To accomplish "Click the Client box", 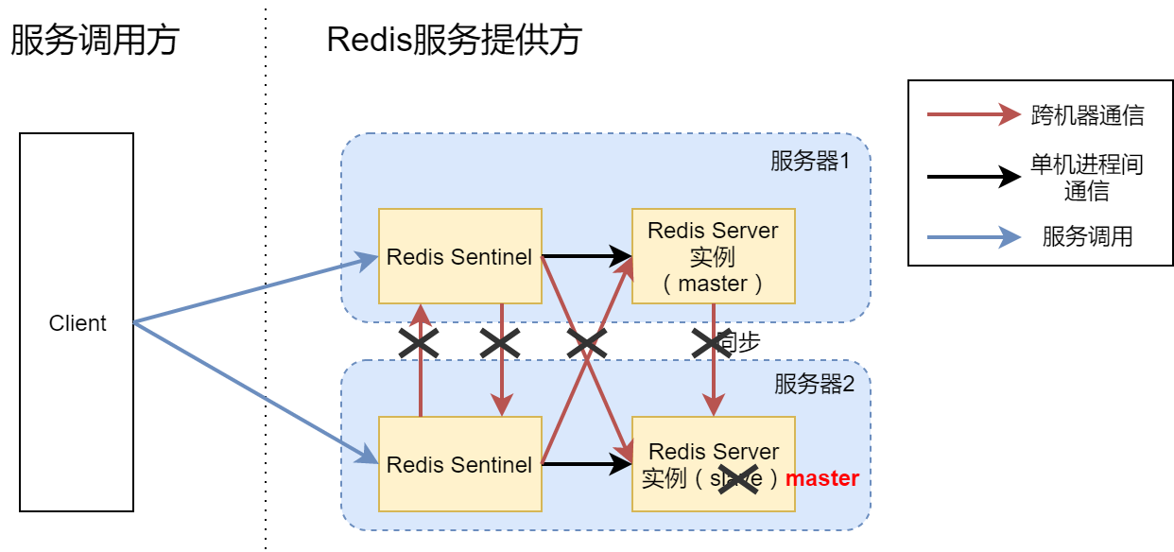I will pos(77,322).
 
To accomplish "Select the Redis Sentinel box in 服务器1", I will pos(459,256).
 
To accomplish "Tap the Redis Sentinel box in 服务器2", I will pos(459,464).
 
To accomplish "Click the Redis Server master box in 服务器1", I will pos(713,256).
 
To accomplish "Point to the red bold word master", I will pos(821,478).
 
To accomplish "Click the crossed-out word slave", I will pos(736,479).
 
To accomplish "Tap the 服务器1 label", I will pos(810,161).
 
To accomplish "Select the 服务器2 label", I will pos(814,384).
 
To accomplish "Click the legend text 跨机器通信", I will pos(1087,115).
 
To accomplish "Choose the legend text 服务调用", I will pos(1087,236).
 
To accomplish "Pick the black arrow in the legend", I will pos(974,177).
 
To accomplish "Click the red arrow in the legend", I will pos(974,115).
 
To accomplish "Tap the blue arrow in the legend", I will pos(974,236).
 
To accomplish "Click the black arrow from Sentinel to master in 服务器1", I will pos(586,256).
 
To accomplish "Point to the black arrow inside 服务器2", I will pos(586,463).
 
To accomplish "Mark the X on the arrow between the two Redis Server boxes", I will pos(713,343).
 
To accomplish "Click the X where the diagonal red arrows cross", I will pos(586,344).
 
